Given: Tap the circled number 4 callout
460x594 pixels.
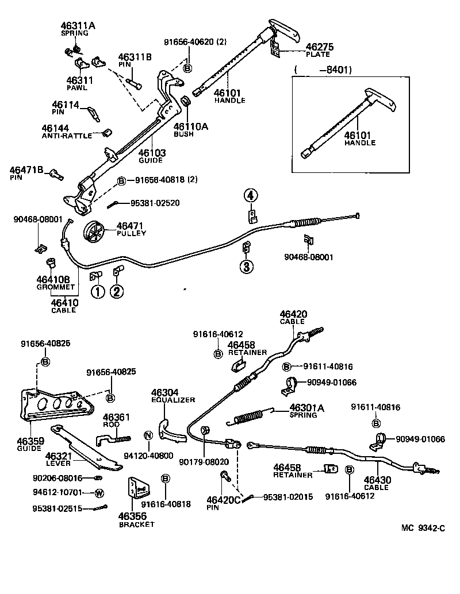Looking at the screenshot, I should pyautogui.click(x=250, y=196).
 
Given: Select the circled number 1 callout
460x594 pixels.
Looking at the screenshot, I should pyautogui.click(x=97, y=292).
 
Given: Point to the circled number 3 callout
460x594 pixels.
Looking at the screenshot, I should pyautogui.click(x=246, y=267).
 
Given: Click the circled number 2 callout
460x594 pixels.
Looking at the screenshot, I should pyautogui.click(x=117, y=292).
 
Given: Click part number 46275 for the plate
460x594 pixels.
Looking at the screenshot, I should pyautogui.click(x=320, y=47).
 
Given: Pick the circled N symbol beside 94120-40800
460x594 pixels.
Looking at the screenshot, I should pyautogui.click(x=148, y=435).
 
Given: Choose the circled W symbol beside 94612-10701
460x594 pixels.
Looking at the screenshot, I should pyautogui.click(x=99, y=493).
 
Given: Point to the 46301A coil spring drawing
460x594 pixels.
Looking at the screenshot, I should pyautogui.click(x=250, y=416).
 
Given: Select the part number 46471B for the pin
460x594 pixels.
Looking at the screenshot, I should pyautogui.click(x=25, y=170).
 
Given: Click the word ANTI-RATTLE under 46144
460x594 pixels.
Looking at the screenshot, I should pyautogui.click(x=67, y=136).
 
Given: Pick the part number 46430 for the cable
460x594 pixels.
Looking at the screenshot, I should pyautogui.click(x=376, y=480).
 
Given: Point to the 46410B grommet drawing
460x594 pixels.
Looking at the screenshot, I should pyautogui.click(x=52, y=264).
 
